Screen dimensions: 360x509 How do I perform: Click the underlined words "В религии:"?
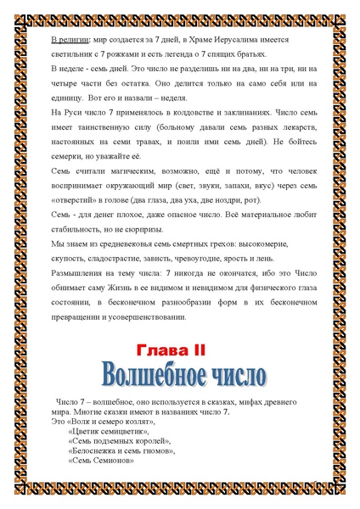click(63, 40)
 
